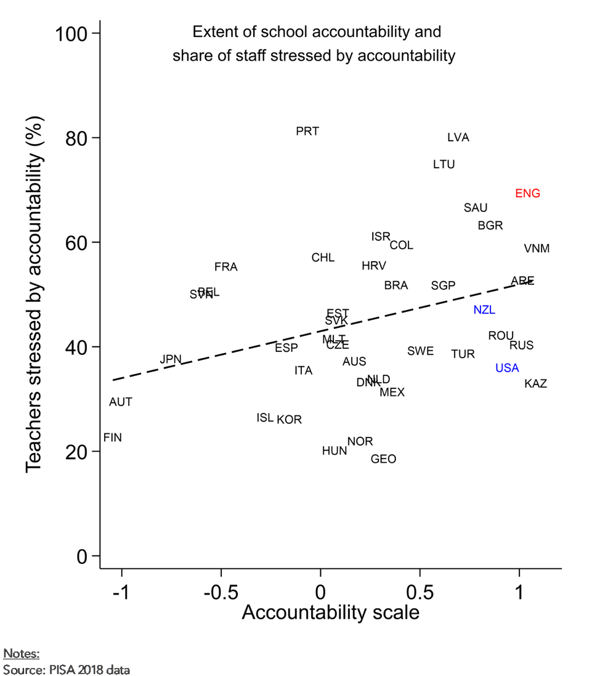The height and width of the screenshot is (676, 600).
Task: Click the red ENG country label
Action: (527, 193)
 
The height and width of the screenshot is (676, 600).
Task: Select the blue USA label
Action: (507, 368)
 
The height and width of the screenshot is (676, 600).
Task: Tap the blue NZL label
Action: (484, 310)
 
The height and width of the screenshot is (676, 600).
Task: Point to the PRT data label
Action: (307, 131)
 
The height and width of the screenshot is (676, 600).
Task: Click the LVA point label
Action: (458, 137)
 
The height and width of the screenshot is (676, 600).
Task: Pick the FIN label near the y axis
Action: (113, 438)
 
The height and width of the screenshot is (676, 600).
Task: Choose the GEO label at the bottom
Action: (383, 459)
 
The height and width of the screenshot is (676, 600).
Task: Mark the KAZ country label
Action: (535, 384)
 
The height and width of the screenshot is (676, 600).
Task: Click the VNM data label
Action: (537, 249)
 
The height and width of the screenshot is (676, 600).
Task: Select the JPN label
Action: (171, 359)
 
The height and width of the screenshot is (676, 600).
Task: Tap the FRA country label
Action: (226, 267)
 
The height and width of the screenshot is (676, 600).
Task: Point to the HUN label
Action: (334, 451)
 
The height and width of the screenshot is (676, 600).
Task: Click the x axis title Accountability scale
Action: (331, 613)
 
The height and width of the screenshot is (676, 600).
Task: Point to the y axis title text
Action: (35, 294)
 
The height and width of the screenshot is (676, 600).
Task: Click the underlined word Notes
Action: (22, 654)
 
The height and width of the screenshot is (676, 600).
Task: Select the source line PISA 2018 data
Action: (67, 669)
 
